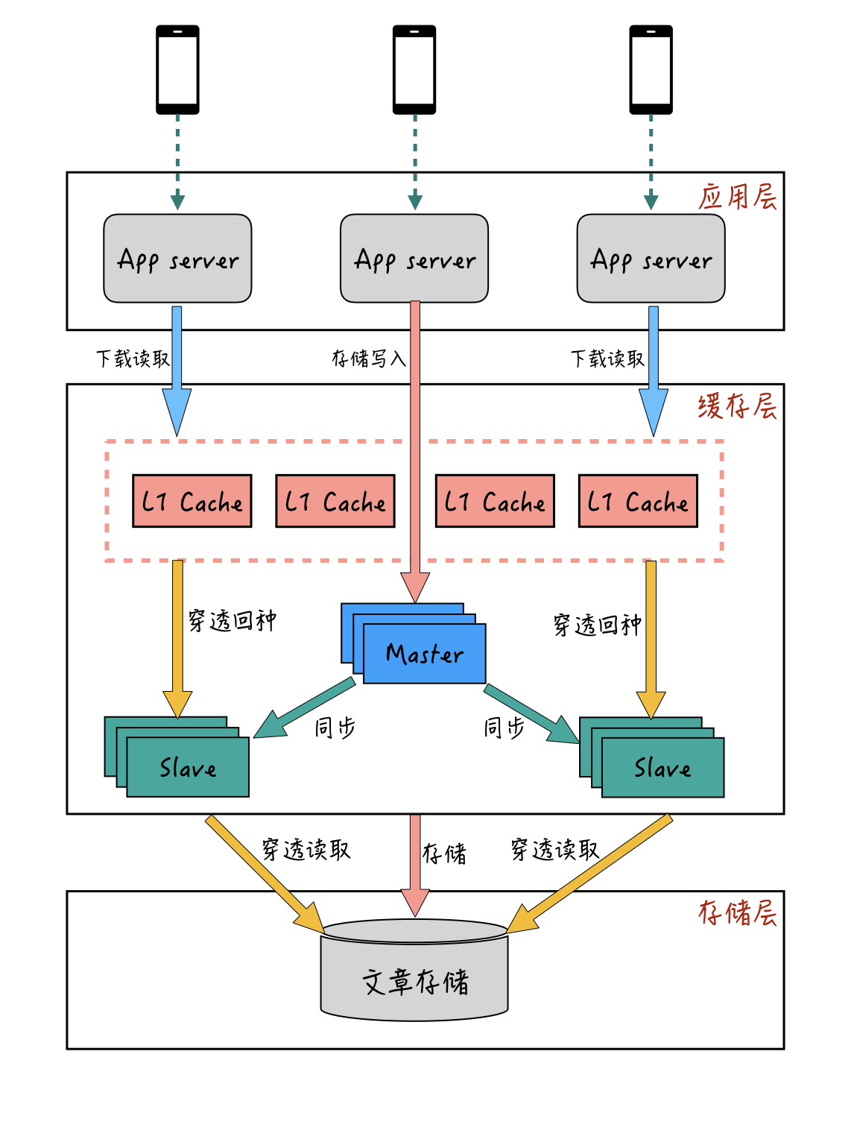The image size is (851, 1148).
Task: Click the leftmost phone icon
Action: pos(177,69)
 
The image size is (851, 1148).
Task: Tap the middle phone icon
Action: pos(414,69)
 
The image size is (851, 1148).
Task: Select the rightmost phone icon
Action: pos(651,69)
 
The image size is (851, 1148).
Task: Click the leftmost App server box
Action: pos(177,259)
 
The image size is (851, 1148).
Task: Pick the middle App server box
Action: pos(414,259)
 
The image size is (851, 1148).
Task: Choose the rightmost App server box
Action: pos(651,259)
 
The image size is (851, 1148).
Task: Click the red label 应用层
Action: pos(737,197)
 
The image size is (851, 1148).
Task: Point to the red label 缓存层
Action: pos(737,406)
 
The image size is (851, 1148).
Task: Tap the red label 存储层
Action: pos(737,912)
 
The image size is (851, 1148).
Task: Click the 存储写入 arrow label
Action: pos(368,359)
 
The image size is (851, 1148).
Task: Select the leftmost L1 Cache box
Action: pos(192,501)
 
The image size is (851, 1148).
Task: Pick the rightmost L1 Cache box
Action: pos(638,501)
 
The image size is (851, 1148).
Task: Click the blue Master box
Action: pos(424,653)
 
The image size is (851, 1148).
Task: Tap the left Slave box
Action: pos(187,766)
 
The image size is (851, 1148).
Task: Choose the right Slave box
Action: pos(662,766)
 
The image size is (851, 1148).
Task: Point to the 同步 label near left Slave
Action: pos(335,728)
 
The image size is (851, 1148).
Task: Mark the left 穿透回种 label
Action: pos(232,620)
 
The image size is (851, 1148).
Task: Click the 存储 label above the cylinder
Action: pos(444,854)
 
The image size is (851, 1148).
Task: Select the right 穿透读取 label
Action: pos(554,849)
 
